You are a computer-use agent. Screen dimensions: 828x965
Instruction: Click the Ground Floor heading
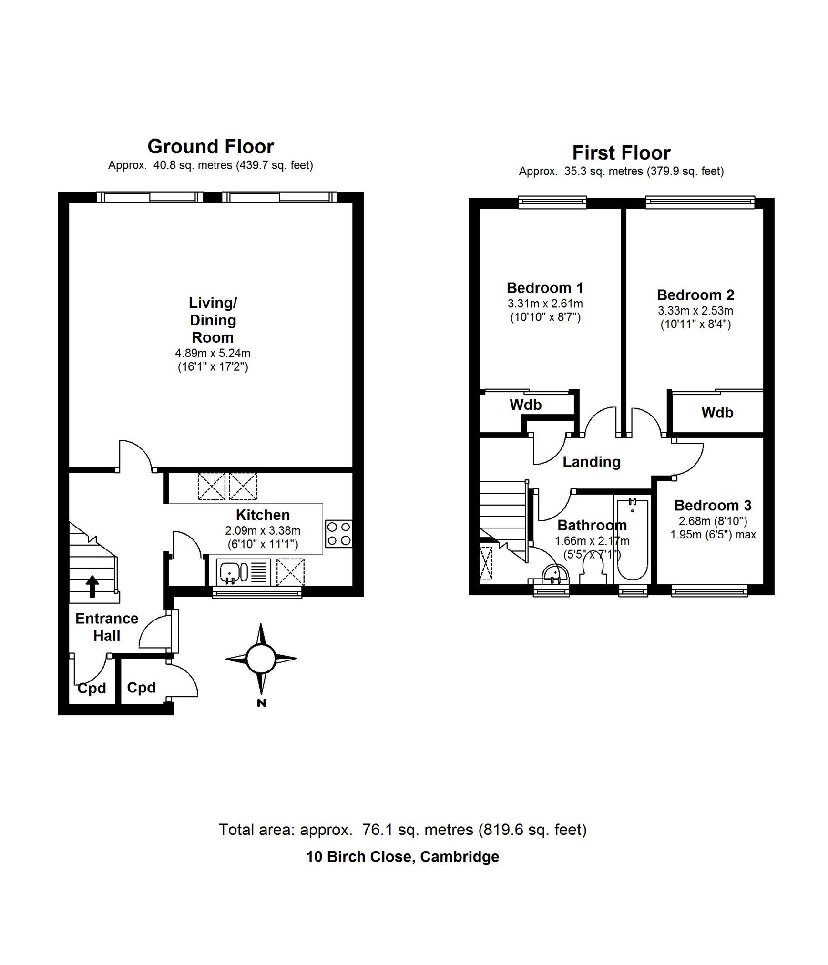(x=211, y=146)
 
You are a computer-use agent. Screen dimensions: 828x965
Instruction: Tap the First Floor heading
(x=621, y=153)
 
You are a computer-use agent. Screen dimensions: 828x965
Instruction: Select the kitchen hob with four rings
(x=339, y=534)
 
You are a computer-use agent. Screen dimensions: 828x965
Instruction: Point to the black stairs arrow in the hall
(x=92, y=586)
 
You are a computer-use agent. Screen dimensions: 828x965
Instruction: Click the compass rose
(x=261, y=659)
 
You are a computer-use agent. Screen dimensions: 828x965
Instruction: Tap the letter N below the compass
(x=261, y=702)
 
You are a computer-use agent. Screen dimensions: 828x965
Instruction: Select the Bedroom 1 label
(x=545, y=288)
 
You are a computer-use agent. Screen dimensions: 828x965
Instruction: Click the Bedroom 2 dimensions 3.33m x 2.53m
(x=695, y=311)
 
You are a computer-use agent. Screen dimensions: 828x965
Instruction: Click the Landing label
(x=592, y=462)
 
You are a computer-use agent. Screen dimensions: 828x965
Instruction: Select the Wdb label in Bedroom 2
(x=717, y=412)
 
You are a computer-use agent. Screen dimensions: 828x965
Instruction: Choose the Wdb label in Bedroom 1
(x=526, y=405)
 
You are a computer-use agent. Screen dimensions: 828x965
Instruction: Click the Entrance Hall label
(x=107, y=627)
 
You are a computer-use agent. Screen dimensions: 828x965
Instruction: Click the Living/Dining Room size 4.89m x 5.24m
(x=213, y=353)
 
